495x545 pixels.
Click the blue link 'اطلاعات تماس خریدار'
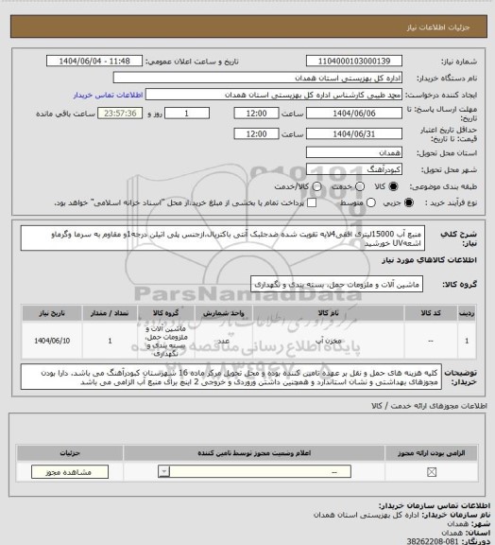click(106, 96)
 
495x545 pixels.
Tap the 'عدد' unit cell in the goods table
click(223, 339)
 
